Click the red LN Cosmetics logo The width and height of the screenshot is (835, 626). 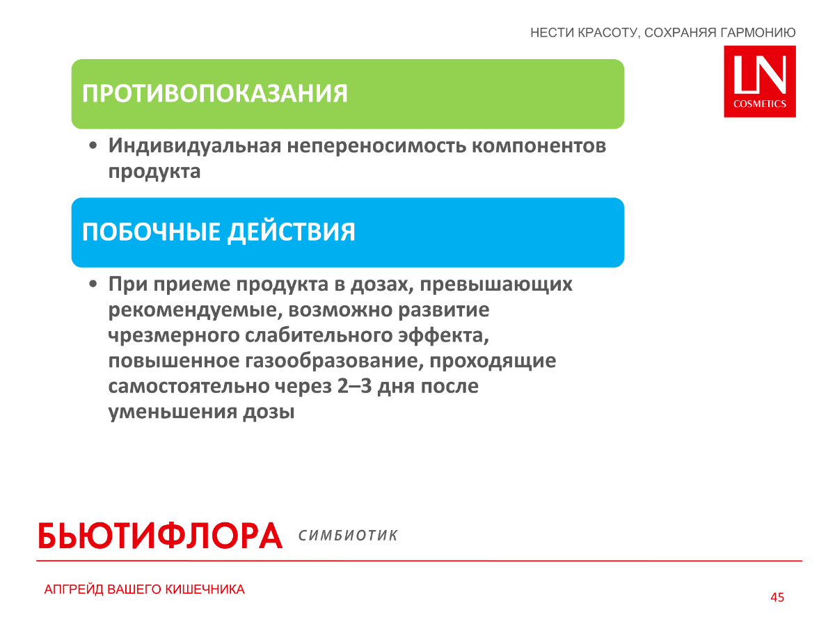tap(759, 81)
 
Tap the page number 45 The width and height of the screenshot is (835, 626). tap(777, 597)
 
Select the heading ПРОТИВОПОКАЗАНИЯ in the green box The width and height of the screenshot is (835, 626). tap(215, 93)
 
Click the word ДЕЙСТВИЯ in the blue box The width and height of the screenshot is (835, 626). tap(291, 232)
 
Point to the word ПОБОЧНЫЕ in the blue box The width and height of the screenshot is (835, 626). tap(151, 232)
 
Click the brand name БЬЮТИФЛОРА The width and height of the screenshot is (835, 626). tap(160, 535)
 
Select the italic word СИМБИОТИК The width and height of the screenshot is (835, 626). tap(348, 536)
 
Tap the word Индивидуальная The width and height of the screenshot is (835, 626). tap(195, 146)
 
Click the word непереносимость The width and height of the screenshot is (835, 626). tap(376, 146)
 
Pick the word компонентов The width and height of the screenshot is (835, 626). tap(539, 147)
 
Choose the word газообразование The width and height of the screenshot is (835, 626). tap(334, 361)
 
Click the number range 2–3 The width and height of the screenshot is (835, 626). tap(354, 386)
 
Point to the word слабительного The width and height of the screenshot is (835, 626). tap(319, 335)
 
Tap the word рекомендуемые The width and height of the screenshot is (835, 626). tap(196, 310)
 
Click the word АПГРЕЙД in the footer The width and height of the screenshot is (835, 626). tap(74, 590)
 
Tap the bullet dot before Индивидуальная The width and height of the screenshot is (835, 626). tap(93, 146)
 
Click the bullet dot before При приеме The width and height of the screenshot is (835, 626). tap(93, 284)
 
